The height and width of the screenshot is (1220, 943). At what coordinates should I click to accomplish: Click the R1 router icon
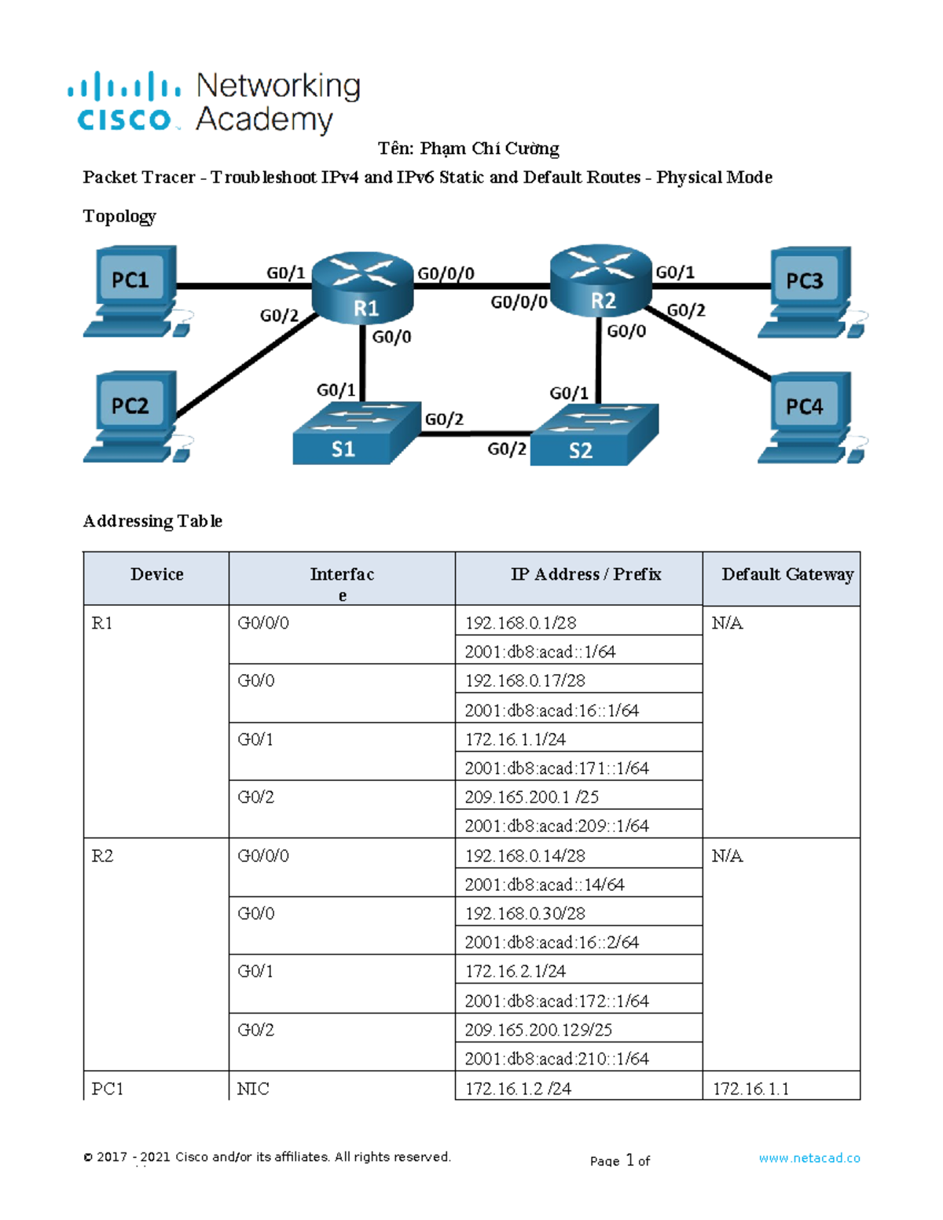point(363,286)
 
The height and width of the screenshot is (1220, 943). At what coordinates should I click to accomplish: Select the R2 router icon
point(601,281)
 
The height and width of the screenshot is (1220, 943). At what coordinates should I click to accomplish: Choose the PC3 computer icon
point(808,291)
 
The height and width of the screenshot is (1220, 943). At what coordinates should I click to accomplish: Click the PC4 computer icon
point(808,417)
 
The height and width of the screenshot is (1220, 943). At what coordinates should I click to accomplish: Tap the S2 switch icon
point(593,435)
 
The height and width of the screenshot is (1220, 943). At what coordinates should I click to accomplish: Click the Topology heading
point(119,216)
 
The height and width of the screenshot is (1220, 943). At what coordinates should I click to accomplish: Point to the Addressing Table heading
point(152,521)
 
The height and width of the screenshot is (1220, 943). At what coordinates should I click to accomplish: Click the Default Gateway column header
point(787,574)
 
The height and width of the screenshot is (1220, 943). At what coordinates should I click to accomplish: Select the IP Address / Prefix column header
point(585,574)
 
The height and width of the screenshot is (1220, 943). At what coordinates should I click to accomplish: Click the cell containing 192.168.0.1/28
point(520,623)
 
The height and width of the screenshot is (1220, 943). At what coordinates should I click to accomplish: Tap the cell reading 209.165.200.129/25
point(538,1029)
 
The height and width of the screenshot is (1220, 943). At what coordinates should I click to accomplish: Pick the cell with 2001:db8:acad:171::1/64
point(556,768)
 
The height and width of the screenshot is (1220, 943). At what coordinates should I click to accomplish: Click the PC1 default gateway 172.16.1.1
point(750,1089)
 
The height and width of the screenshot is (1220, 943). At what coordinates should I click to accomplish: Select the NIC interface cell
point(253,1089)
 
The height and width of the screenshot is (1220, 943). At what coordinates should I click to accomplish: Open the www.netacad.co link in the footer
point(809,1158)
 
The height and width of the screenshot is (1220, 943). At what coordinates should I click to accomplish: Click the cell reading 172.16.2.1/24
point(515,971)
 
